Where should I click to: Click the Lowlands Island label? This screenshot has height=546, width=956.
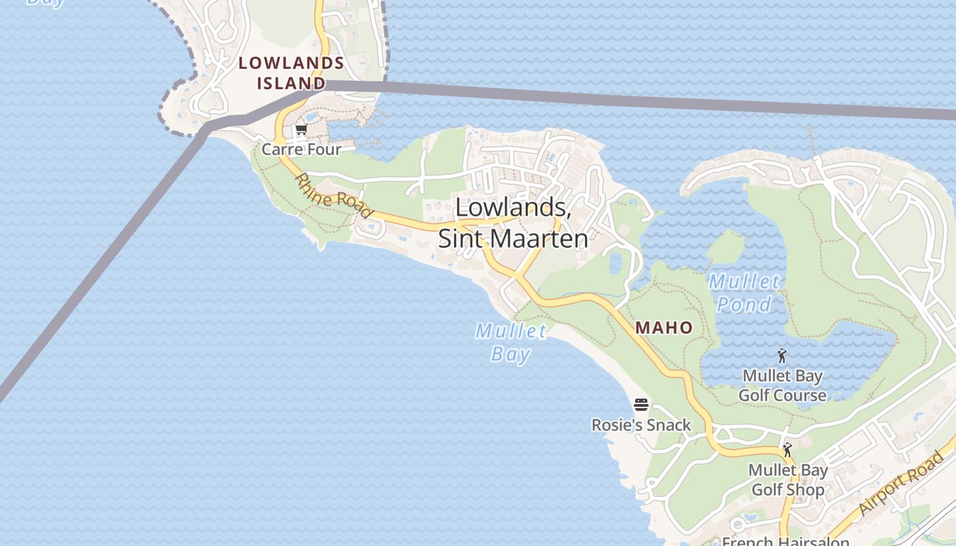(x=291, y=73)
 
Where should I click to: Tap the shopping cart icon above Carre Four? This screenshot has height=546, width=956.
(x=301, y=130)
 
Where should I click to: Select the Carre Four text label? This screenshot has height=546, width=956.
(x=301, y=149)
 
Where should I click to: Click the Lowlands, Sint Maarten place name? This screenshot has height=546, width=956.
(x=513, y=222)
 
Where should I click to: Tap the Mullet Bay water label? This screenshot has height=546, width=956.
(x=511, y=343)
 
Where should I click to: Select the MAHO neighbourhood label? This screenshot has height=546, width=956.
(x=664, y=328)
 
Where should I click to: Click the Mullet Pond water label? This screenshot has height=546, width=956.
(x=744, y=293)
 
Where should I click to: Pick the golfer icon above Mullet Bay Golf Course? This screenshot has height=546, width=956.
(x=782, y=356)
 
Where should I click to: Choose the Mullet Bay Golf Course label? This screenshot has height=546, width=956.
(x=783, y=386)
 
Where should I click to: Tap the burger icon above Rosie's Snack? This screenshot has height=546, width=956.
(x=641, y=405)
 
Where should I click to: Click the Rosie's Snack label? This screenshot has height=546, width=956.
(x=641, y=425)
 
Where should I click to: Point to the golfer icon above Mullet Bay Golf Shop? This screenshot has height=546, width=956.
(x=787, y=450)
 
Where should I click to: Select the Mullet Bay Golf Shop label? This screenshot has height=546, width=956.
(x=788, y=480)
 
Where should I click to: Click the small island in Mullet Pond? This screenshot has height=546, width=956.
(x=725, y=247)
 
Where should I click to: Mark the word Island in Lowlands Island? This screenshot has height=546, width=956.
(x=291, y=83)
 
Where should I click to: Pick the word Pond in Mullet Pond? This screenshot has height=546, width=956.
(x=744, y=304)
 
